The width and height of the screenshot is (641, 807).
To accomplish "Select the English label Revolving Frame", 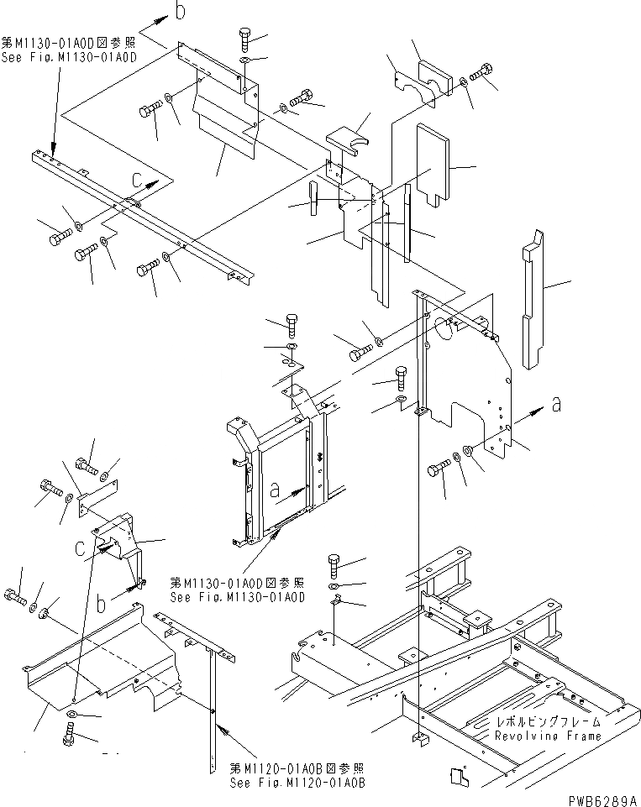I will (548, 736).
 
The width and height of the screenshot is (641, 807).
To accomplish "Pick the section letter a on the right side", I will (556, 405).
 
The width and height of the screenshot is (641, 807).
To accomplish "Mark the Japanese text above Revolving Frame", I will (548, 721).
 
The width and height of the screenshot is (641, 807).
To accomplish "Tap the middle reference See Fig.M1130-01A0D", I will (238, 590).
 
